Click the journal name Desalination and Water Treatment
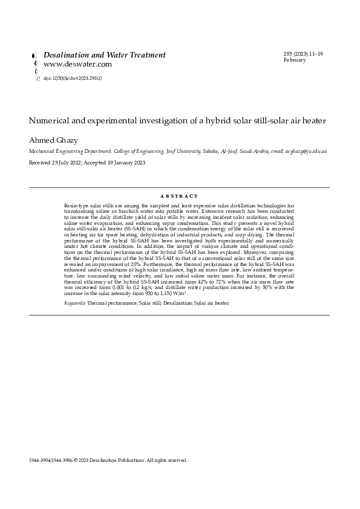(x=104, y=55)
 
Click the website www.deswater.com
(x=77, y=64)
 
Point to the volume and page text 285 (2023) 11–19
(x=303, y=54)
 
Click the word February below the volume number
(x=294, y=60)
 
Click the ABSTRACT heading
(x=179, y=196)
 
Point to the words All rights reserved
(x=168, y=460)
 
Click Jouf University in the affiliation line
(x=182, y=154)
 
